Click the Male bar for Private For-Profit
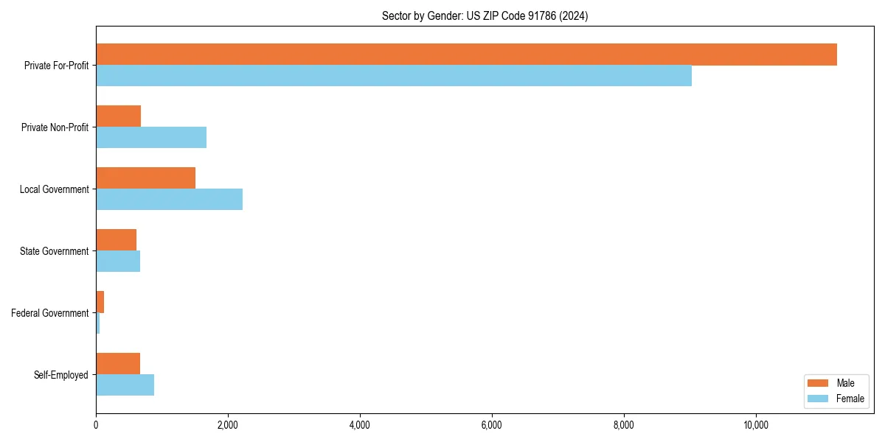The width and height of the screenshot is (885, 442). click(466, 55)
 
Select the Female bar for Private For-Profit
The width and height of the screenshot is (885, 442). click(394, 76)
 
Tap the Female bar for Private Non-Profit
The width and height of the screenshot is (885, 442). click(151, 138)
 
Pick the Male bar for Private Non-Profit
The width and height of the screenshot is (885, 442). click(118, 116)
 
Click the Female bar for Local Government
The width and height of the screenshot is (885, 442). click(169, 200)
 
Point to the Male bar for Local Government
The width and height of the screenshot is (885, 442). click(145, 178)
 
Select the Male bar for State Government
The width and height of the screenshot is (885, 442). click(116, 240)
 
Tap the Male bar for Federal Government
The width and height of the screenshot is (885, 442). click(100, 302)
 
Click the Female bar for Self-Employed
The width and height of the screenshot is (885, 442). click(125, 385)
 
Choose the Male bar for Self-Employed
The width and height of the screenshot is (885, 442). click(118, 364)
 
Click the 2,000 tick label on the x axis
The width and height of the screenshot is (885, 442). click(228, 425)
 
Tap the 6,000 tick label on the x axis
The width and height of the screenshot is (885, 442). click(492, 425)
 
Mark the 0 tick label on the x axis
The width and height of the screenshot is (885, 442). click(96, 425)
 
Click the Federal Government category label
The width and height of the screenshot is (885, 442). click(49, 313)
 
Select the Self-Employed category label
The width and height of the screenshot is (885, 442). click(60, 375)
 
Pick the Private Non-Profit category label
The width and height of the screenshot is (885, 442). click(55, 127)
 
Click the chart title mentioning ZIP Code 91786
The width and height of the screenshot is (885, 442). click(485, 15)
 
